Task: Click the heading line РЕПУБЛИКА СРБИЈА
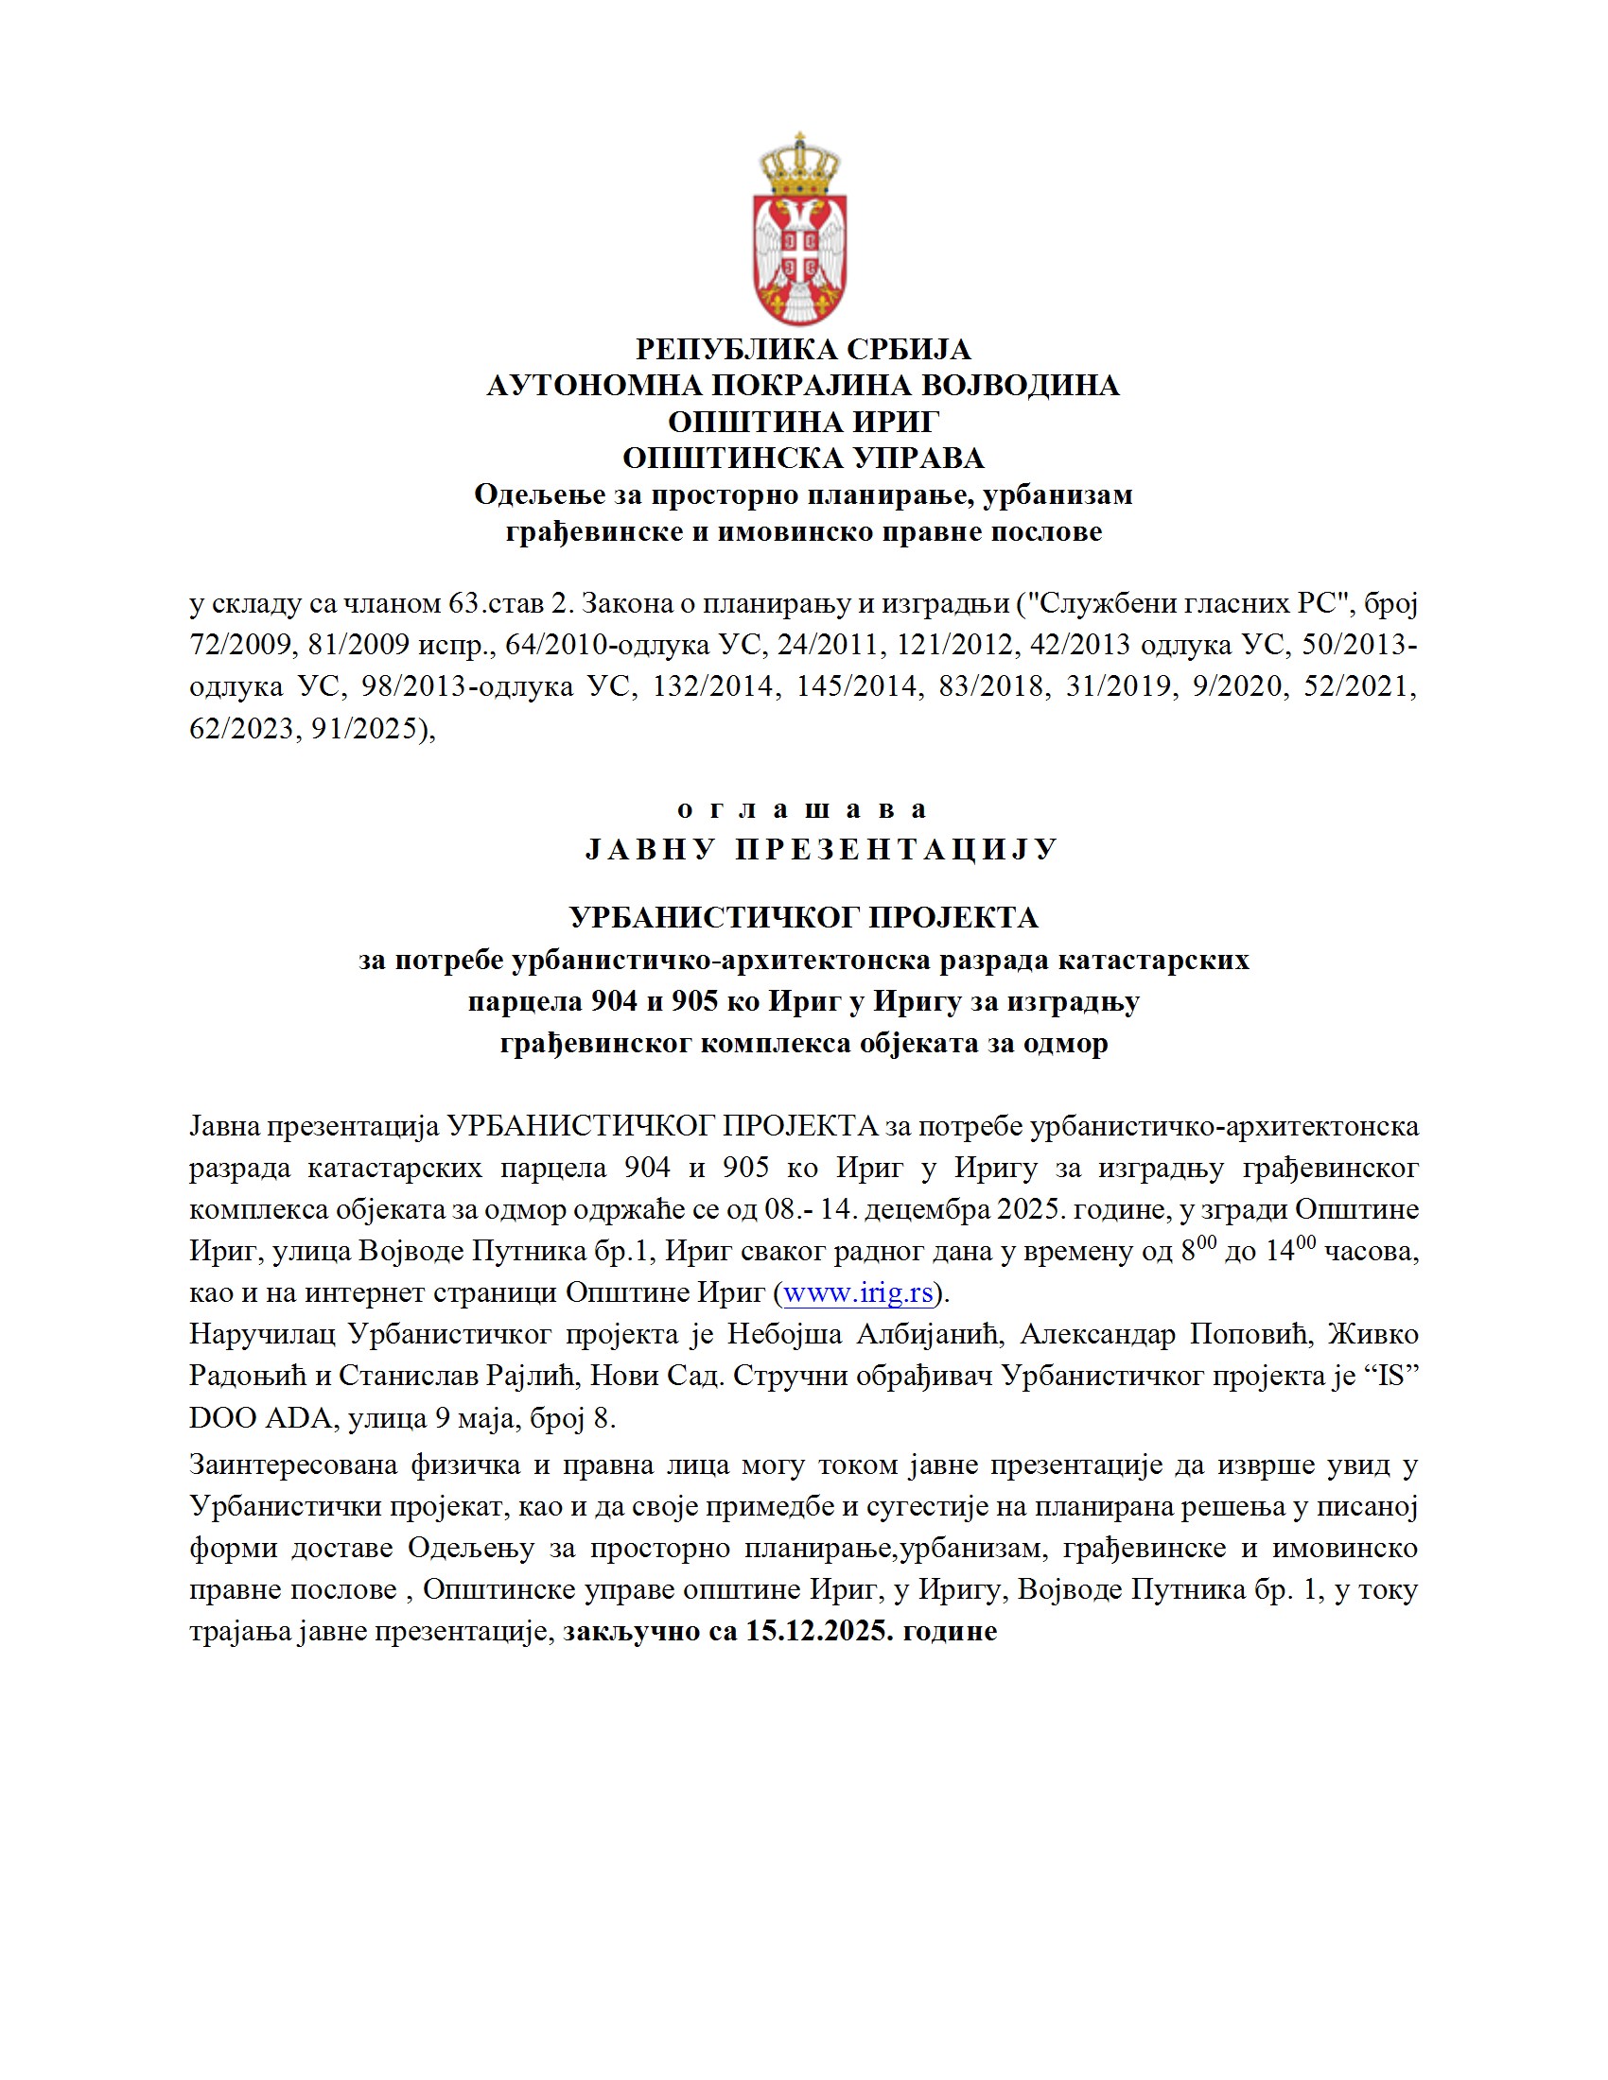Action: coord(803,350)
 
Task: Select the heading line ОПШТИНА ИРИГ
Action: coord(803,422)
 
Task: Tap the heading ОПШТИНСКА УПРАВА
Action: coord(803,459)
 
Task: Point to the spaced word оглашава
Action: coord(803,809)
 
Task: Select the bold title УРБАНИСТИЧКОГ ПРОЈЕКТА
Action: coord(803,917)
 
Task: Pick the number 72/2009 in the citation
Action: coord(242,645)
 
